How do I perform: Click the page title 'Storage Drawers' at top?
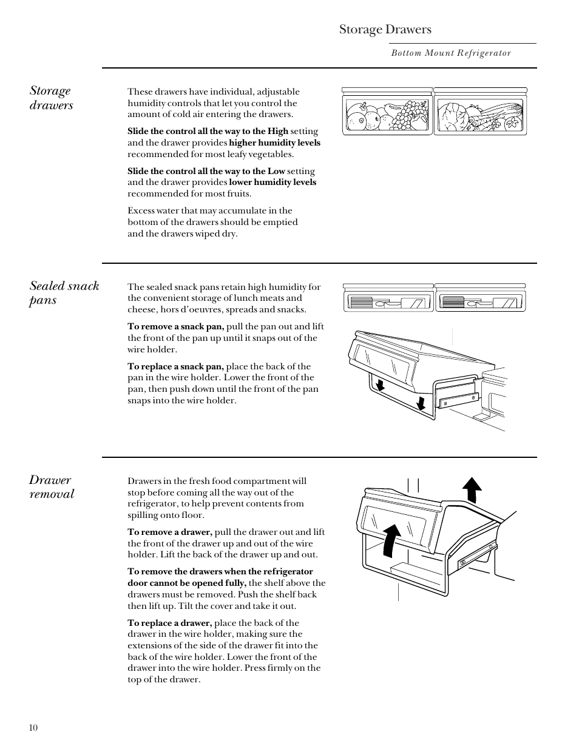pos(385,29)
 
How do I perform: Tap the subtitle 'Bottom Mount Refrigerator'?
pos(451,53)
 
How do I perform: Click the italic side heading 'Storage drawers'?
pos(52,98)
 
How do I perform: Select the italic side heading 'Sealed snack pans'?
pos(64,292)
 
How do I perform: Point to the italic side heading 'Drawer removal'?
pos(52,487)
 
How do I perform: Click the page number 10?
pos(33,728)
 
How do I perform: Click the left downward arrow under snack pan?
pos(381,386)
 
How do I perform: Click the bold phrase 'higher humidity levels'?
pos(274,143)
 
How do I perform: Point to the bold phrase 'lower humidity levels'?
pos(273,183)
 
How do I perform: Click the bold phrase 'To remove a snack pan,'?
pos(175,326)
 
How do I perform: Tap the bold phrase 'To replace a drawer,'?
pos(169,623)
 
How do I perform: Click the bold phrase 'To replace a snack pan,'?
pos(175,366)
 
